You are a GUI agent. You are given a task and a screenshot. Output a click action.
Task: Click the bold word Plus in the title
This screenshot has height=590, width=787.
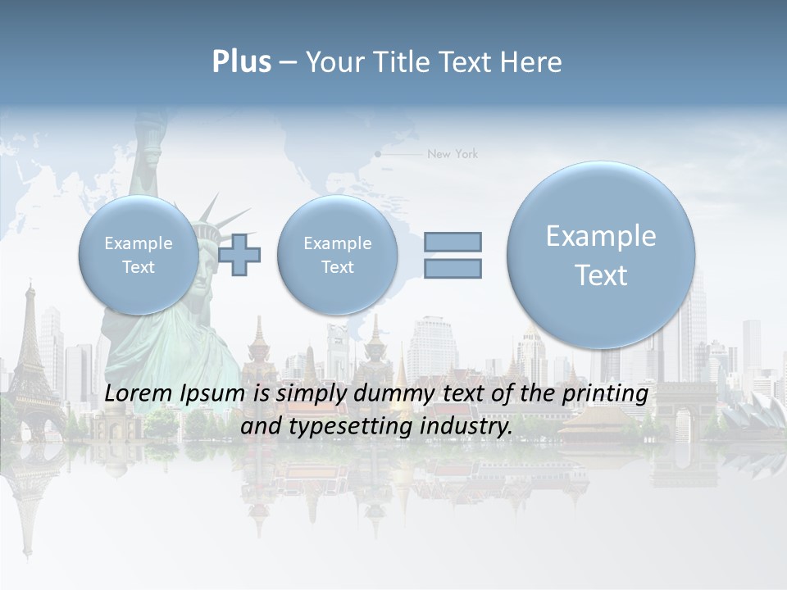241,62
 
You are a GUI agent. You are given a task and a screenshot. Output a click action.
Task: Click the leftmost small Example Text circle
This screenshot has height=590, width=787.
138,255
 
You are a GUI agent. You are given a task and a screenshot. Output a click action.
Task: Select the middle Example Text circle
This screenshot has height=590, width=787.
337,255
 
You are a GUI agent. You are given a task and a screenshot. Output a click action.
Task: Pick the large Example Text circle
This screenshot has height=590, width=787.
601,255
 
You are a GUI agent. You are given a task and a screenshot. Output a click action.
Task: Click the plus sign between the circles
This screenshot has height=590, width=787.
239,254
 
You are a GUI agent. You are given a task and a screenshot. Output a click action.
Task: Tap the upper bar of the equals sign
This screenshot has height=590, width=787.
453,242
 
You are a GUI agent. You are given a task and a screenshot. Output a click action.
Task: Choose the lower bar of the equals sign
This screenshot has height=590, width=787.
453,268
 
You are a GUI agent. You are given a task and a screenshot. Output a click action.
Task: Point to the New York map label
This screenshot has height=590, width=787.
453,154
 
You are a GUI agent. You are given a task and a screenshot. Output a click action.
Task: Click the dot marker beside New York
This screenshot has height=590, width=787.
378,153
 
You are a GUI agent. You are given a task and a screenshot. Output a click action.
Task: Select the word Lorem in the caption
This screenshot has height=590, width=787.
134,393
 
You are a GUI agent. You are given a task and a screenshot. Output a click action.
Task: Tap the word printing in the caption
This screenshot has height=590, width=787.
606,393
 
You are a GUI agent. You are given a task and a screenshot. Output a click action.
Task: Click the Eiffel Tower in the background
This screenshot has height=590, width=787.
31,361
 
